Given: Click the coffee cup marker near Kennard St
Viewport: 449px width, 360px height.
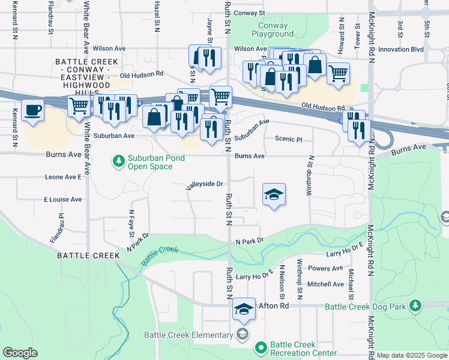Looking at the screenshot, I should point(33,110).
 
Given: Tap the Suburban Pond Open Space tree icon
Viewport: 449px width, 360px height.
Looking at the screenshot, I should point(118,160).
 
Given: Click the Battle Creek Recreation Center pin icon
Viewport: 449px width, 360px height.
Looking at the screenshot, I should point(261,347).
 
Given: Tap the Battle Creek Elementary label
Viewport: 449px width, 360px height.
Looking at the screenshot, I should point(188,335).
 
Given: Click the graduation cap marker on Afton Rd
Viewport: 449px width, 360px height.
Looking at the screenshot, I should point(244,309).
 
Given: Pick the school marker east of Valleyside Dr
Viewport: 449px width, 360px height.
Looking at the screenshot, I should point(274,194).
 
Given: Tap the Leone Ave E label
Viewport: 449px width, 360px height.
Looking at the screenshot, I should point(62,177).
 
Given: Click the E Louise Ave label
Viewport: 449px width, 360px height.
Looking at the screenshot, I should point(62,199).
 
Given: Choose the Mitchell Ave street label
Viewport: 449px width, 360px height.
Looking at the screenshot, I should point(325,284).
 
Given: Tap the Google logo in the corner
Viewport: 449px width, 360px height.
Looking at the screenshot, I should point(20,353).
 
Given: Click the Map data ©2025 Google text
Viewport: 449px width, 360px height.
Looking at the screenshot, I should point(412,355).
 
